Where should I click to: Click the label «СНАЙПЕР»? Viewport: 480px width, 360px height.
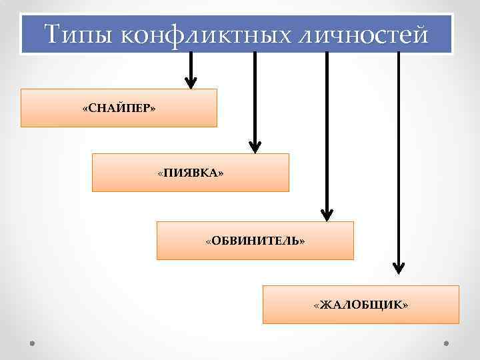coord(119,108)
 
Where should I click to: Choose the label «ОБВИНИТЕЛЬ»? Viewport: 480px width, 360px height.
coord(255,240)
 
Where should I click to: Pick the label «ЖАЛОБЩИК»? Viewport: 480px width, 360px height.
coord(361,305)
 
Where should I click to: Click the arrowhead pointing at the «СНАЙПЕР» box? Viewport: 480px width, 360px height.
coord(191,83)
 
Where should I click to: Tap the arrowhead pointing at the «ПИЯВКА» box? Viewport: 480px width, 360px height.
coord(255,146)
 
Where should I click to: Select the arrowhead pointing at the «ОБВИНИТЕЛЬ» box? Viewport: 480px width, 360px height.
coord(326,214)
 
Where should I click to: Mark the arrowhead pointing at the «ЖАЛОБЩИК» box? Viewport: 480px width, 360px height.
coord(398,268)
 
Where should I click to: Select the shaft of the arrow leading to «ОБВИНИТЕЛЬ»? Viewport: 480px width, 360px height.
coord(326,133)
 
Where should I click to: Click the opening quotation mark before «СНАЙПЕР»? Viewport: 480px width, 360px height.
coord(85,108)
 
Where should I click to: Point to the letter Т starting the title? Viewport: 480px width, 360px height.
coord(53,34)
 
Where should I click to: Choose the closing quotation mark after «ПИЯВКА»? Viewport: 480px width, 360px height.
coord(221,173)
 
